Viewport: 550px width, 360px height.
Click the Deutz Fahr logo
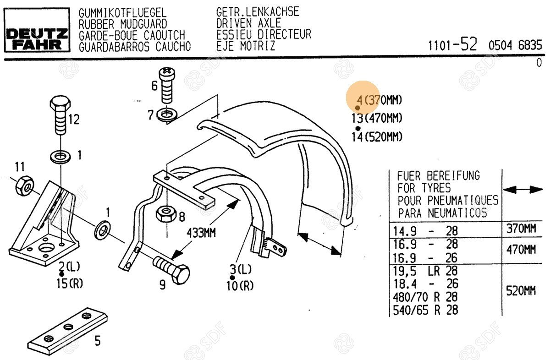(x=37, y=39)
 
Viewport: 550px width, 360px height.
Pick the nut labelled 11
(x=23, y=185)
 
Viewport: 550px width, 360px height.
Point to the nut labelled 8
(x=165, y=213)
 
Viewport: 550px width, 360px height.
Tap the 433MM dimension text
(x=201, y=232)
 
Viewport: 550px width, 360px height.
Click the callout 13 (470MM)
(x=377, y=118)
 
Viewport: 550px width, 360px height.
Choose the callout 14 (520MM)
(x=377, y=136)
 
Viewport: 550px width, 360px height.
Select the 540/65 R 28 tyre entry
(x=425, y=310)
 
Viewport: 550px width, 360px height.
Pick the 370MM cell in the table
(x=521, y=229)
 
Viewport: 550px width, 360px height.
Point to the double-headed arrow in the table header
(x=522, y=189)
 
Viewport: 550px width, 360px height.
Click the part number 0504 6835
(x=515, y=45)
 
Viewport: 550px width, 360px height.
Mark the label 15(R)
(x=70, y=284)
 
